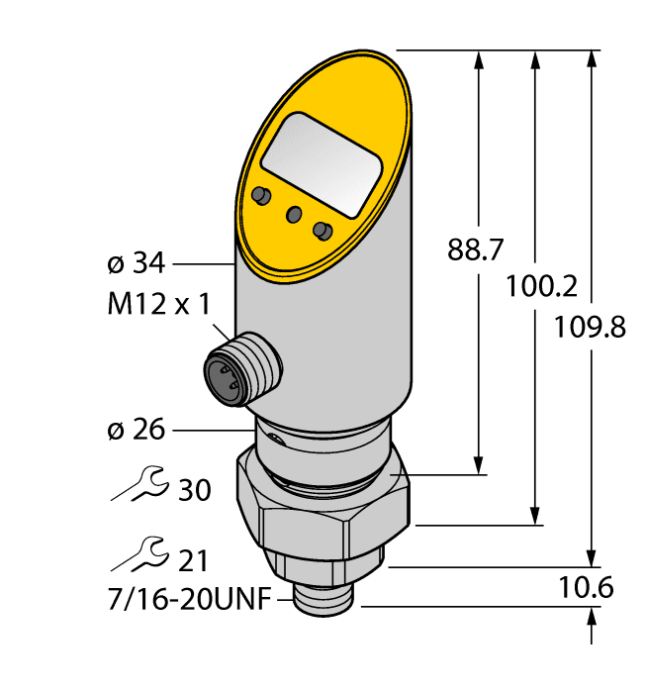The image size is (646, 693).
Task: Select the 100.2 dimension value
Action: click(x=540, y=286)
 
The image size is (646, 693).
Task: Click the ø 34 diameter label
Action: click(x=136, y=265)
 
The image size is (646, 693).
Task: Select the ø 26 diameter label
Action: click(x=136, y=430)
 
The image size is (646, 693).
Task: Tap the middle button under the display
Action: click(x=294, y=214)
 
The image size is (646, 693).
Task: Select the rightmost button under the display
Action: click(x=321, y=231)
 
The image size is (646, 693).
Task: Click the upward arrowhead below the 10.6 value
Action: click(x=592, y=619)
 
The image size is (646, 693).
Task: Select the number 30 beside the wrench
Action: click(x=195, y=489)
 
